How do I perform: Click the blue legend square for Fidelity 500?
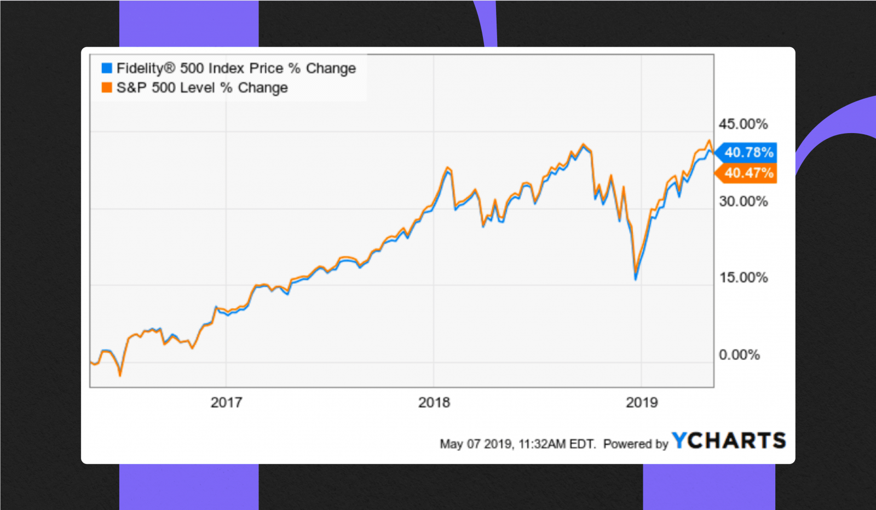point(107,68)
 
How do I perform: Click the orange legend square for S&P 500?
point(107,88)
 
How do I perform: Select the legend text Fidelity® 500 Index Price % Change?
point(236,68)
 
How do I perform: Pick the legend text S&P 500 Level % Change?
point(202,88)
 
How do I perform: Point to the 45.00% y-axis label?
point(743,124)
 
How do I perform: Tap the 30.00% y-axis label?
point(743,201)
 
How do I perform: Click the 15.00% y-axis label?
point(743,277)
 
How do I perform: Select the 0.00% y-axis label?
point(739,354)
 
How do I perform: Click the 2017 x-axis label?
point(226,402)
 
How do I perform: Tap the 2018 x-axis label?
point(434,402)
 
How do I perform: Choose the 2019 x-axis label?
point(641,402)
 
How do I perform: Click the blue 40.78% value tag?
point(748,152)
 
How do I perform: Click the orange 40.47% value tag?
point(748,173)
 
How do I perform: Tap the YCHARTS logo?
point(729,440)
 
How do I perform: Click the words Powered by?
point(636,444)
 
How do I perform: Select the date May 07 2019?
point(476,444)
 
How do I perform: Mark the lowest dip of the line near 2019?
point(636,278)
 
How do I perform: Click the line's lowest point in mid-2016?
point(120,375)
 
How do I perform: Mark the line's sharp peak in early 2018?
point(448,168)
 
